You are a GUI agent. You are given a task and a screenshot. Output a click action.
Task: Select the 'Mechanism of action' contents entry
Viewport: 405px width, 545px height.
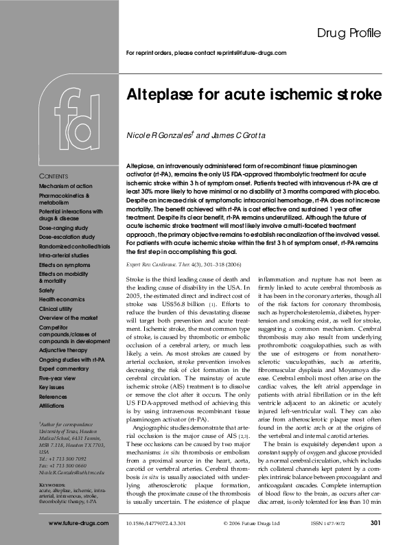tap(66, 186)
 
